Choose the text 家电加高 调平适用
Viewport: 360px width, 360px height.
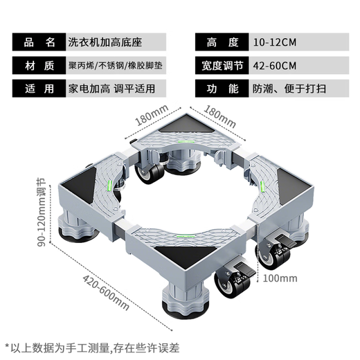(111, 90)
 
